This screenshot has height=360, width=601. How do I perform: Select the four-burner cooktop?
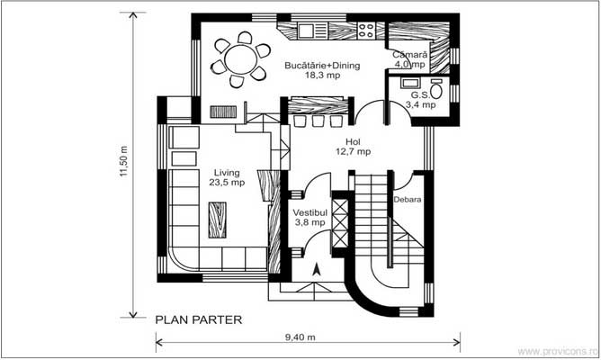click(366, 31)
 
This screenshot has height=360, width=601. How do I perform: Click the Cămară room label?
click(409, 54)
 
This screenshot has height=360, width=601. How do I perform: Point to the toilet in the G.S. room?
click(436, 90)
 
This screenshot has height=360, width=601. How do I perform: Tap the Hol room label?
click(353, 142)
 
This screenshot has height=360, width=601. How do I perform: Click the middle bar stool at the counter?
click(318, 121)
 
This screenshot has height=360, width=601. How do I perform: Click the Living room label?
click(227, 172)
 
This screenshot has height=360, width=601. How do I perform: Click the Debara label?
click(408, 199)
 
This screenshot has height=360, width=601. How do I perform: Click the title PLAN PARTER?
click(198, 319)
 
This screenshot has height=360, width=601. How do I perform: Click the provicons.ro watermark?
click(564, 352)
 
